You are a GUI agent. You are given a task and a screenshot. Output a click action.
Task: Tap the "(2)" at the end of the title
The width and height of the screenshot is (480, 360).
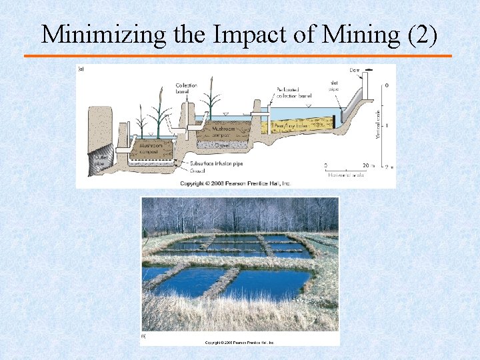coord(421,35)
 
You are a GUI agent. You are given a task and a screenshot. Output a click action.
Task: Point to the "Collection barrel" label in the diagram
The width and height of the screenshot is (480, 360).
coord(186,88)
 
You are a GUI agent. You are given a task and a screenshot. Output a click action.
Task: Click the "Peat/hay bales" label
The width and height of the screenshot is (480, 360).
coord(294,125)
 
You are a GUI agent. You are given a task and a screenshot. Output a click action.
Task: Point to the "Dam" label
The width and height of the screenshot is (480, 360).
coord(355,69)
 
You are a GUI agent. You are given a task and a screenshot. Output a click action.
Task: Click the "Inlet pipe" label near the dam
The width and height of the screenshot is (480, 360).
coord(333,85)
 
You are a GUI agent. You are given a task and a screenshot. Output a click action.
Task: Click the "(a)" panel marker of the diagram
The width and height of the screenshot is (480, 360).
coord(81,68)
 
